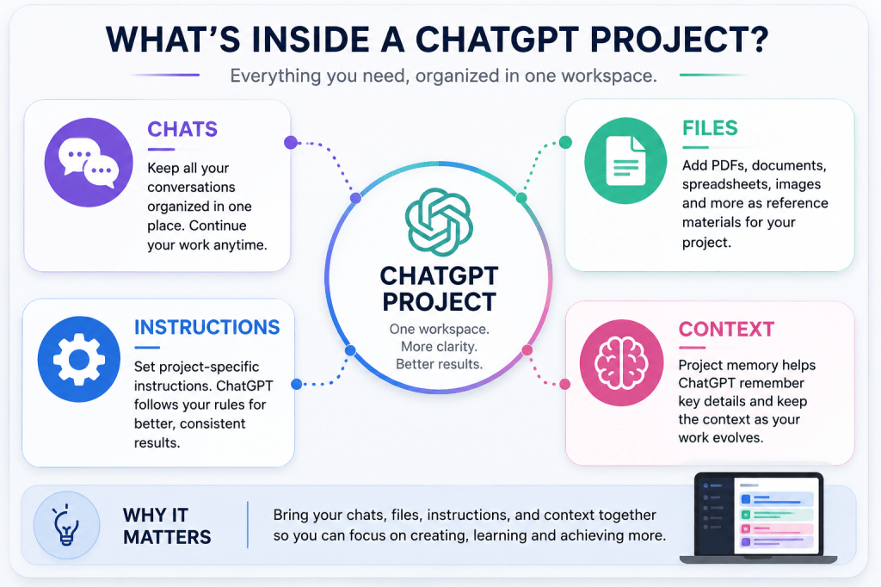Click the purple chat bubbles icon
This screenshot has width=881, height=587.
tap(89, 163)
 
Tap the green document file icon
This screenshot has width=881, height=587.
tap(625, 160)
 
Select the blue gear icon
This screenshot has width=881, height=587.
tap(79, 359)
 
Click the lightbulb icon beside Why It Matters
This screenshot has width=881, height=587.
tap(66, 524)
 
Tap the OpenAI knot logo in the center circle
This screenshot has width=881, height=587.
tap(439, 222)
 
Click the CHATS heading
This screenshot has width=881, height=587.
tap(182, 129)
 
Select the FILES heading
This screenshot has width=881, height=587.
tap(710, 128)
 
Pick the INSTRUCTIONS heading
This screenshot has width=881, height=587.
tap(206, 327)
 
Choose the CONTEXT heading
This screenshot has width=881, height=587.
tap(726, 330)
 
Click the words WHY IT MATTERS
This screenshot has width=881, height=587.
tap(167, 526)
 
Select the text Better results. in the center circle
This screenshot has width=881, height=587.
tap(439, 364)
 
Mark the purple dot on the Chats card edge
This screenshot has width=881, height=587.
tap(291, 142)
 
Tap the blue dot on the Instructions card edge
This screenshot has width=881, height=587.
tap(297, 384)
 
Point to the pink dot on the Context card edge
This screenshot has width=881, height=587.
tap(564, 384)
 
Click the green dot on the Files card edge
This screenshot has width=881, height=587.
tap(565, 142)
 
